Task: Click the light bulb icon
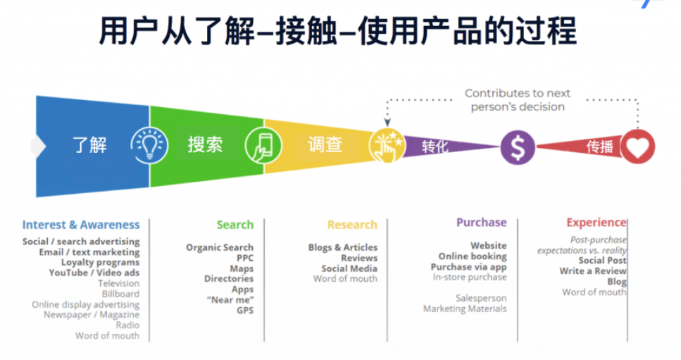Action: point(149,145)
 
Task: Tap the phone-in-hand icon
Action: point(263,147)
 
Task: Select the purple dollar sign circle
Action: point(518,148)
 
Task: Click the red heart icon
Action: point(637,147)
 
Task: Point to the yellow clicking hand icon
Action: point(387,146)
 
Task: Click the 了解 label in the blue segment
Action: point(90,144)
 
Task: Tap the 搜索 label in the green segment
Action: point(205,144)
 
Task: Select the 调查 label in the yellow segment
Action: point(325,144)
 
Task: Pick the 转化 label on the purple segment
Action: point(435,147)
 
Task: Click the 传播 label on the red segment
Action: point(600,147)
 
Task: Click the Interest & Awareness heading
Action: point(81,225)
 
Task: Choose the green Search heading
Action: point(235,225)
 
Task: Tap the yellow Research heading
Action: point(352,225)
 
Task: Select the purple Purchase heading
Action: point(482,223)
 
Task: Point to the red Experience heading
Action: point(596,223)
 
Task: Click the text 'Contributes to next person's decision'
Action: point(518,100)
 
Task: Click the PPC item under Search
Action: point(245,258)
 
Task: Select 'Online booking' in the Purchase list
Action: point(473,256)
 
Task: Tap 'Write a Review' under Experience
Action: point(593,271)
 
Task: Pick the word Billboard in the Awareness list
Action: point(120,294)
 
